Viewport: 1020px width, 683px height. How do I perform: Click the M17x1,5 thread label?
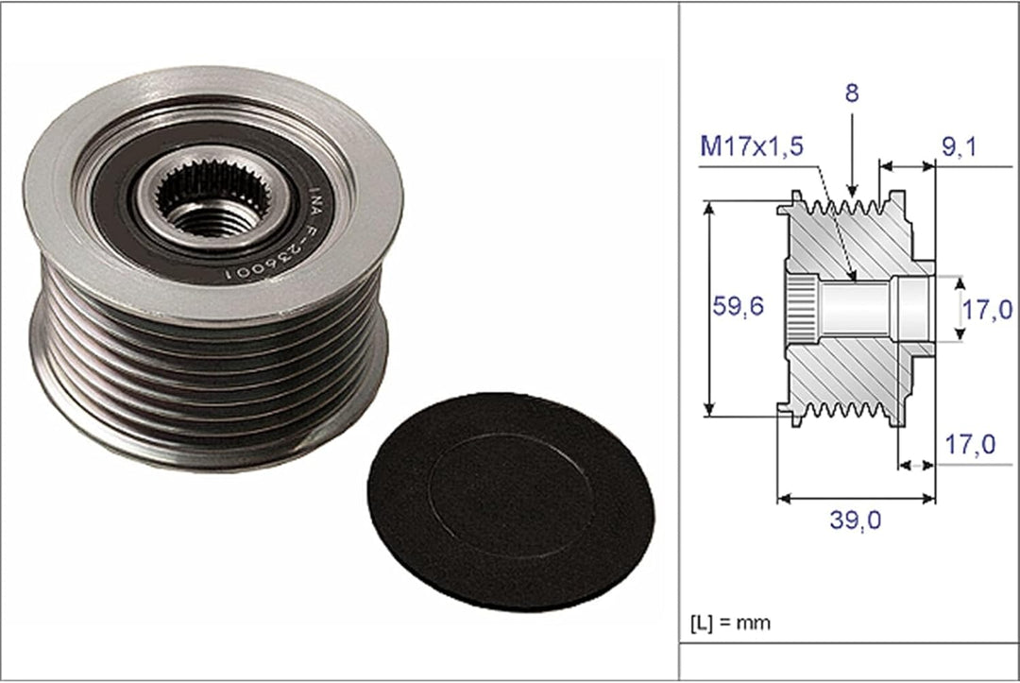[752, 146]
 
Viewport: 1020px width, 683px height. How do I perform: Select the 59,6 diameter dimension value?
[738, 306]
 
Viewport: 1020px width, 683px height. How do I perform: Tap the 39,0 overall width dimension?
[856, 520]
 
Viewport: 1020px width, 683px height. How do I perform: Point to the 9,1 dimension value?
[960, 147]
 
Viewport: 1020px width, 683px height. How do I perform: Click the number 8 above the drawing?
[852, 93]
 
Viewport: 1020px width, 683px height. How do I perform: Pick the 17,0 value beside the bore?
[988, 310]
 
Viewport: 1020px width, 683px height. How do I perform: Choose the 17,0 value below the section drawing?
[970, 445]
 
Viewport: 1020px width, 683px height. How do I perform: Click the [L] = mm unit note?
[730, 623]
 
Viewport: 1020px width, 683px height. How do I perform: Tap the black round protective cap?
[511, 501]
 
